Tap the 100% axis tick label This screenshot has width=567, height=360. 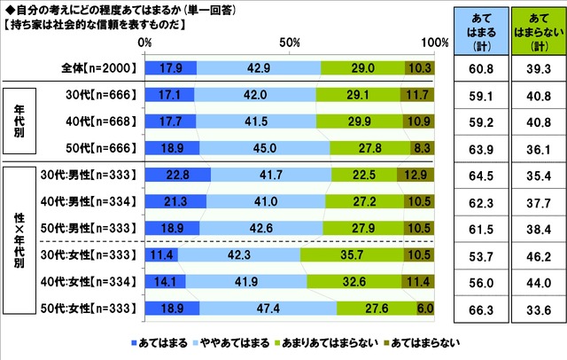[x=433, y=43]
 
